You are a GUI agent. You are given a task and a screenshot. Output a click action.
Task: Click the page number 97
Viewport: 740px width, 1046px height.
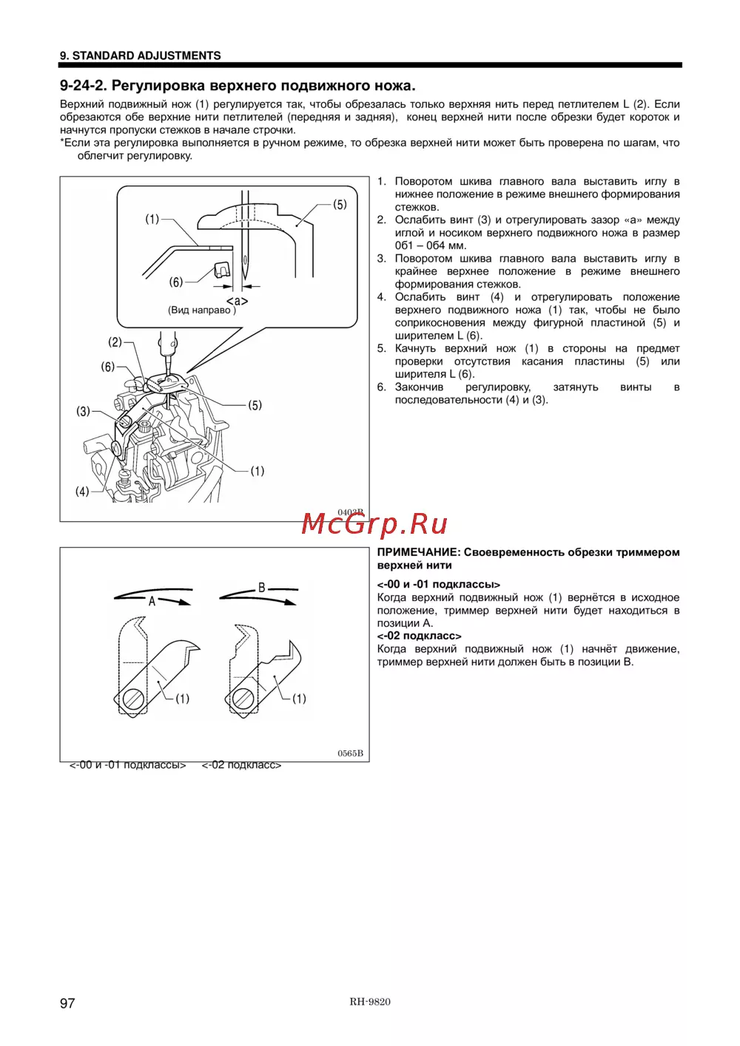pos(67,1003)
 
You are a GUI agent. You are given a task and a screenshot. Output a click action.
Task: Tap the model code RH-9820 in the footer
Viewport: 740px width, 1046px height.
pos(370,1002)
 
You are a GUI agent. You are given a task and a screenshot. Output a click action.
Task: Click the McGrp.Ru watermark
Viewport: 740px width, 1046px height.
pos(374,524)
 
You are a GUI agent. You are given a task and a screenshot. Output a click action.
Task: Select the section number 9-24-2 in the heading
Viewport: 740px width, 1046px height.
pos(83,86)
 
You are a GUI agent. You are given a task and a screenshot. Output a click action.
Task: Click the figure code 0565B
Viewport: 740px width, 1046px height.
pos(350,753)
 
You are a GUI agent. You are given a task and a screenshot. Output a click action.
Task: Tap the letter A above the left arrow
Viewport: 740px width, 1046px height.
pos(152,601)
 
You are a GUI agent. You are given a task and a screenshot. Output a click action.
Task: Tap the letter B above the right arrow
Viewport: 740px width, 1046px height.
pos(261,588)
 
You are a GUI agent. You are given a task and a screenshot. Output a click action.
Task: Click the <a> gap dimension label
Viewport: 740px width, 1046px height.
pos(237,301)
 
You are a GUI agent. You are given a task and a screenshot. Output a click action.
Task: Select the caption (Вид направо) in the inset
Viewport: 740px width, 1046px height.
pos(201,310)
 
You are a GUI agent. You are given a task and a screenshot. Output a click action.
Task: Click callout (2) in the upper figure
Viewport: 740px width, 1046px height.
pos(115,342)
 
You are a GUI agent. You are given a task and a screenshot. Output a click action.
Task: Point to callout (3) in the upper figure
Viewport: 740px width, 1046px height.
pos(83,411)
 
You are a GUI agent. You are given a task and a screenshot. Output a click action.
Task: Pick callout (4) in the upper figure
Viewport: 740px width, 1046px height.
pos(82,491)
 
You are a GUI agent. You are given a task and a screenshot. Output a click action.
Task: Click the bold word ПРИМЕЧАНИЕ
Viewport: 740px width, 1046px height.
pos(418,552)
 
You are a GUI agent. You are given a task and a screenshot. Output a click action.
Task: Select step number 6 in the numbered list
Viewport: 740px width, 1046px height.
pos(381,387)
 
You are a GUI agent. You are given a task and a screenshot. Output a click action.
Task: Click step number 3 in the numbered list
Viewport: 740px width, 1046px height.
pos(381,259)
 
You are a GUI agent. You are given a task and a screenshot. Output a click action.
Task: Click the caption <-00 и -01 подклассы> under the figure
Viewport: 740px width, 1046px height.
pos(127,765)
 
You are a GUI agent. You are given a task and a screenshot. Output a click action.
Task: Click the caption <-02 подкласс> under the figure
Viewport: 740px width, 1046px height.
pos(241,765)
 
